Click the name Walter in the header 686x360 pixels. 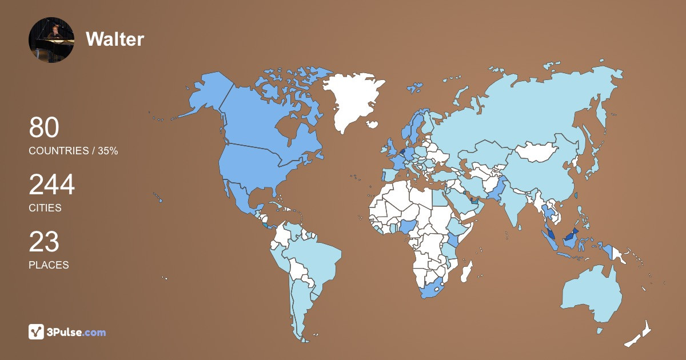[x=114, y=39]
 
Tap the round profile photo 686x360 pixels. [x=51, y=40]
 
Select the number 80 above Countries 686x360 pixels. [x=44, y=127]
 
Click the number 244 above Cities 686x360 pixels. [x=52, y=185]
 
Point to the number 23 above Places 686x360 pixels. [x=44, y=242]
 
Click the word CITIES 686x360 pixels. [x=45, y=208]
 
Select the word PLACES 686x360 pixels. [x=49, y=265]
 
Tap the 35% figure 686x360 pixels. [x=107, y=151]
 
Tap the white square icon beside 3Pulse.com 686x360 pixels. [x=36, y=332]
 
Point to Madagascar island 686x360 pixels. [x=467, y=272]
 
